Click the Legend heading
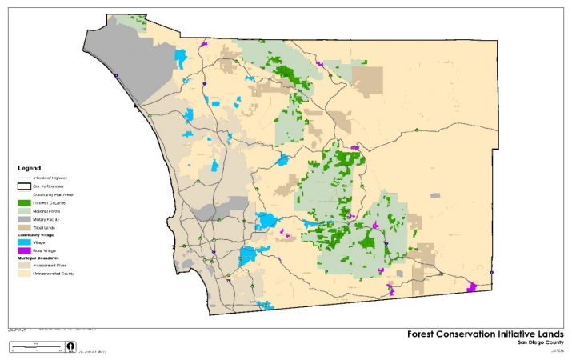[30, 169]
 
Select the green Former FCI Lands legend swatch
[24, 203]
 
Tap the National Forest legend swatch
[24, 211]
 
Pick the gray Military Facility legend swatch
[24, 219]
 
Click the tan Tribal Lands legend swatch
[24, 227]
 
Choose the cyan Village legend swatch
[24, 242]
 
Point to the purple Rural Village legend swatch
[24, 250]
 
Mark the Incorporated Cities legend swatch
[24, 265]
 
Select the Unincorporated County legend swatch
[24, 273]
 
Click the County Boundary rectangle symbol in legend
[24, 186]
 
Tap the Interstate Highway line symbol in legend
[24, 178]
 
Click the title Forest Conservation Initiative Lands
[486, 334]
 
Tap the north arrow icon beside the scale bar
[71, 347]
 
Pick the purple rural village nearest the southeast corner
[472, 286]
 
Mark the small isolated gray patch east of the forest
[434, 194]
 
